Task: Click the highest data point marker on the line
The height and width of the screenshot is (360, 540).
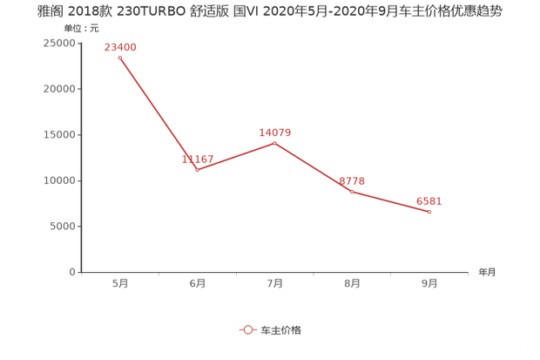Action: pyautogui.click(x=120, y=58)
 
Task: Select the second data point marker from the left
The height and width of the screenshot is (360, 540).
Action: pyautogui.click(x=198, y=170)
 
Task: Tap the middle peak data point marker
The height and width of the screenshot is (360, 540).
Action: pyautogui.click(x=274, y=142)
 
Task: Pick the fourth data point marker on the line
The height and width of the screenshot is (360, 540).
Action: pyautogui.click(x=352, y=191)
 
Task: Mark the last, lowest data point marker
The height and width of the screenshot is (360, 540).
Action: pyautogui.click(x=429, y=212)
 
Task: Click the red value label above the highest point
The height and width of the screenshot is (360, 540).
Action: pyautogui.click(x=121, y=46)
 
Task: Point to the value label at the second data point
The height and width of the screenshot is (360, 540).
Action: pyautogui.click(x=199, y=159)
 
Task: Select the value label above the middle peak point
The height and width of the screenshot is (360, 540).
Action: pyautogui.click(x=274, y=131)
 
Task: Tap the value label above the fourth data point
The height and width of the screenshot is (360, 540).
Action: pyautogui.click(x=353, y=180)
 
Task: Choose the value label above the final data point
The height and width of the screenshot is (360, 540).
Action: pyautogui.click(x=429, y=201)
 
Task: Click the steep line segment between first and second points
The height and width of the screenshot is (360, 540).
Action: pyautogui.click(x=159, y=113)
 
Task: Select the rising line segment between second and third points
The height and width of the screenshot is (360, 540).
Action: pyautogui.click(x=236, y=156)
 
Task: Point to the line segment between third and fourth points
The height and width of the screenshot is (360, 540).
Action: pyautogui.click(x=314, y=166)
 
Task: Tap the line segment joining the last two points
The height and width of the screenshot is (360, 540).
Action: pyautogui.click(x=391, y=201)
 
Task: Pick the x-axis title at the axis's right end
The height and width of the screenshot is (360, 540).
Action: pyautogui.click(x=486, y=272)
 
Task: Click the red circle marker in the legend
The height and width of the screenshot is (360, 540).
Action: pyautogui.click(x=248, y=329)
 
